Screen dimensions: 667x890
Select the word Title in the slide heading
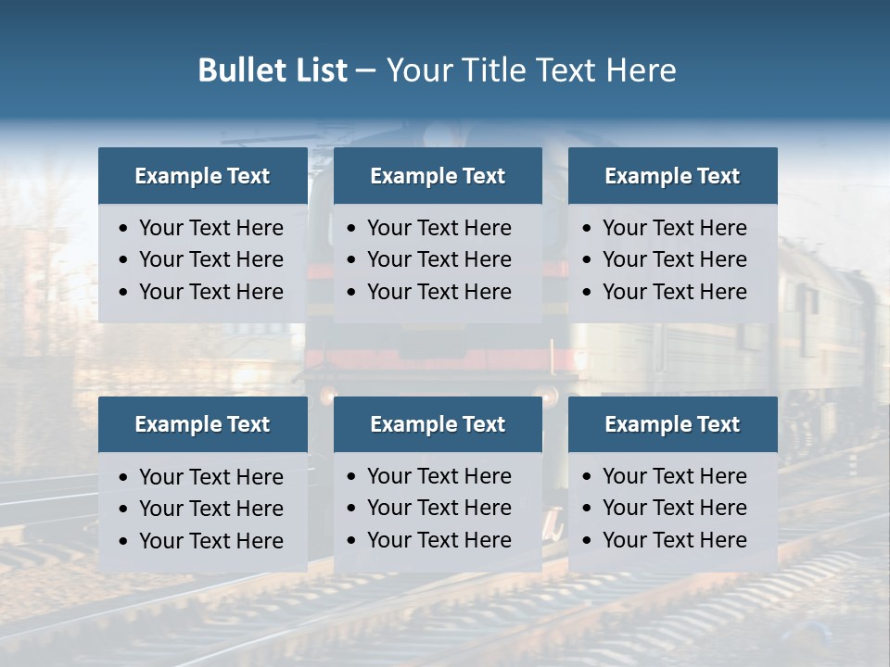point(499,70)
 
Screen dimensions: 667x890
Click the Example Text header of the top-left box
point(202,176)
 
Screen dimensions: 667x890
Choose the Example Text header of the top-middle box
point(438,176)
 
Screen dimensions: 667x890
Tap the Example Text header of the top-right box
point(672,176)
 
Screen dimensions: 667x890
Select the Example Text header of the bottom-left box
point(202,424)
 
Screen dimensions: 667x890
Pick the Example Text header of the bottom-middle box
point(438,424)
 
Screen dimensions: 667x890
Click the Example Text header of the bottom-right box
point(672,424)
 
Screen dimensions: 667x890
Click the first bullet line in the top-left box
point(210,228)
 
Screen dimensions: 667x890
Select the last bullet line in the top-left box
point(210,292)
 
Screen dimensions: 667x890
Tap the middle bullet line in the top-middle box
point(439,259)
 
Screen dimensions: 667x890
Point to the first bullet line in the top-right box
point(674,228)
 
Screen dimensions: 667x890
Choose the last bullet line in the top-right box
point(674,292)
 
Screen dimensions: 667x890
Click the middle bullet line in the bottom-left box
point(210,509)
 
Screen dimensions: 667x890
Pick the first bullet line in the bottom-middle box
point(439,476)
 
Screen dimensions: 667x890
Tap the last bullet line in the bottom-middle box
point(439,540)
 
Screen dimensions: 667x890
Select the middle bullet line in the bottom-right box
point(674,508)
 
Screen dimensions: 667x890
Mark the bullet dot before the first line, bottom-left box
point(124,478)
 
